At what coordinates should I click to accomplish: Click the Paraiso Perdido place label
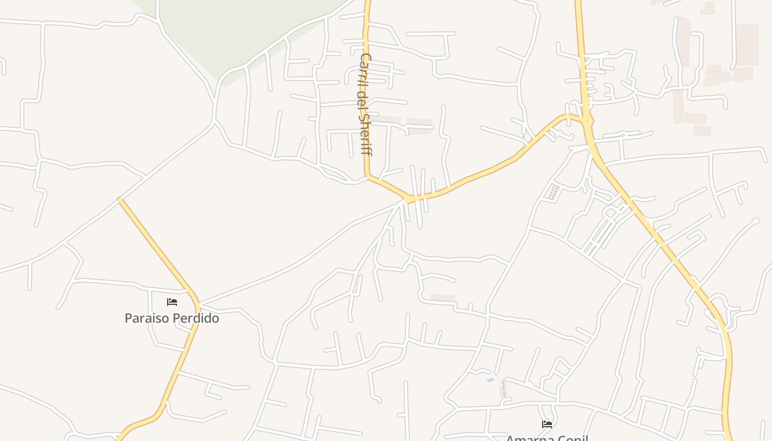[171, 318]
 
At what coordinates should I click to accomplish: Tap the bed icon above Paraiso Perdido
[172, 302]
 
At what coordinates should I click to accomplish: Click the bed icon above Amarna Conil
[547, 424]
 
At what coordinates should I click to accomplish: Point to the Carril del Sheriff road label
[365, 104]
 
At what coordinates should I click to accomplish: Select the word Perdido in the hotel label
[197, 318]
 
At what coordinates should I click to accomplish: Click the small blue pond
[490, 380]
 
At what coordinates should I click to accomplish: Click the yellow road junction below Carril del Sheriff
[409, 198]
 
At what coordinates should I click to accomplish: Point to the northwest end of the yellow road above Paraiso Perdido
[120, 199]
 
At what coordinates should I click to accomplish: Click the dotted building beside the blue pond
[503, 389]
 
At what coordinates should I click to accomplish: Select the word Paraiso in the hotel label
[146, 318]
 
